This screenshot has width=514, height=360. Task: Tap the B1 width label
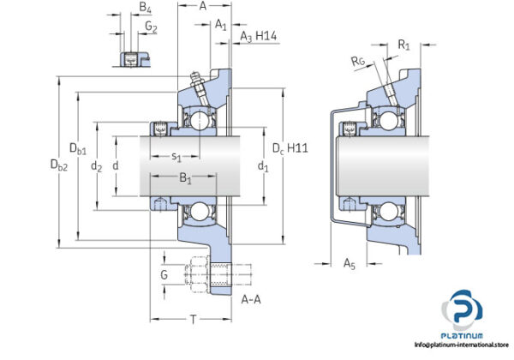[x=185, y=179]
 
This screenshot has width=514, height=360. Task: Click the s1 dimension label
[x=176, y=156]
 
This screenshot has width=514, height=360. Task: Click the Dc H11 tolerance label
[x=290, y=148]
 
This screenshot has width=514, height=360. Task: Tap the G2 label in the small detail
[x=150, y=27]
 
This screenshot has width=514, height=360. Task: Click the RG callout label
[x=359, y=61]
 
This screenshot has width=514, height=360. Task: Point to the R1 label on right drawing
[x=404, y=42]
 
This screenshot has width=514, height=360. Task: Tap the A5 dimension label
[x=349, y=264]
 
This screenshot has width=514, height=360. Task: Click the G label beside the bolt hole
[x=164, y=275]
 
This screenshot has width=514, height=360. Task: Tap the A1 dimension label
[x=220, y=23]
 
